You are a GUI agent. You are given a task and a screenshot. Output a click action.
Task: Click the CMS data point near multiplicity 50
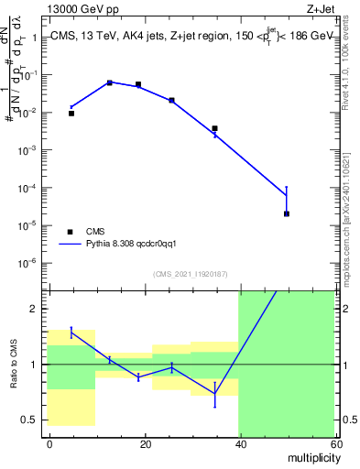[x=287, y=213]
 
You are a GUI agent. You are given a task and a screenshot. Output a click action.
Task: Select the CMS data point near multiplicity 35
[x=214, y=128]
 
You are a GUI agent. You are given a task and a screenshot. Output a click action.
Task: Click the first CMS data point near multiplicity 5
[x=71, y=113]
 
